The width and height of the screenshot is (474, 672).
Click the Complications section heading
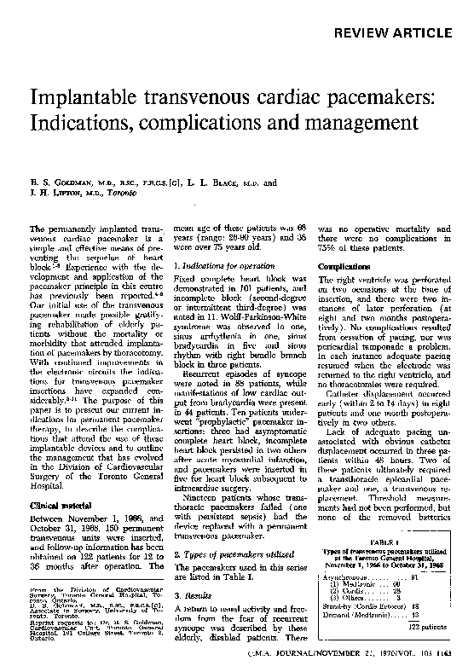point(342,266)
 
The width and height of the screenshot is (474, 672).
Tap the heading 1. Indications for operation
point(223,267)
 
